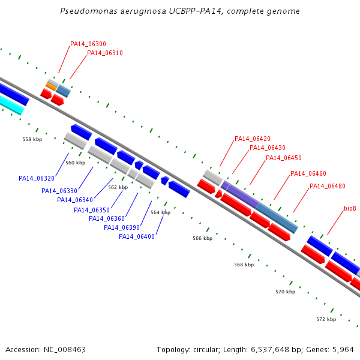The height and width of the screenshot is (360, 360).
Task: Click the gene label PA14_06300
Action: [88, 44]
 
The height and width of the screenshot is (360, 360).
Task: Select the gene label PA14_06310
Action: [105, 53]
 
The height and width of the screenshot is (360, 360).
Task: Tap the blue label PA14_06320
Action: [37, 178]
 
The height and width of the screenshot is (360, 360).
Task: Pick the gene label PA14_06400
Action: [137, 236]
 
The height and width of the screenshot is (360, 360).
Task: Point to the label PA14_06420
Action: [253, 139]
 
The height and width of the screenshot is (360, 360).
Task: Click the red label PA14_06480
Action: [328, 186]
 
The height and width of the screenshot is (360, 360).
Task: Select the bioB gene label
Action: [350, 208]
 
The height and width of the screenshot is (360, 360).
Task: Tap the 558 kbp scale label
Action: [32, 139]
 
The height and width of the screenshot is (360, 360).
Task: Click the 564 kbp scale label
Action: [160, 212]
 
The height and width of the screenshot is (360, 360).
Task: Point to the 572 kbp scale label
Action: [326, 319]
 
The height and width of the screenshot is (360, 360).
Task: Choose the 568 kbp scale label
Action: [244, 265]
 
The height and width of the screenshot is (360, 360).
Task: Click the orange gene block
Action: [51, 87]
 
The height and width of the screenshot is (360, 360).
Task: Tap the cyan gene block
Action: [11, 105]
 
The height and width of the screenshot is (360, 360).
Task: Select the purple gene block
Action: [240, 194]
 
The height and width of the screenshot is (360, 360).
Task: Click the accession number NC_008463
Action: [65, 350]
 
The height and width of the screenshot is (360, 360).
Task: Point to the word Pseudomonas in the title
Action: [89, 11]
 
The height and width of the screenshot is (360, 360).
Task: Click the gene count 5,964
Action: [343, 350]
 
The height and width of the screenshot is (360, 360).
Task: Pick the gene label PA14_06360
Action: [107, 218]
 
